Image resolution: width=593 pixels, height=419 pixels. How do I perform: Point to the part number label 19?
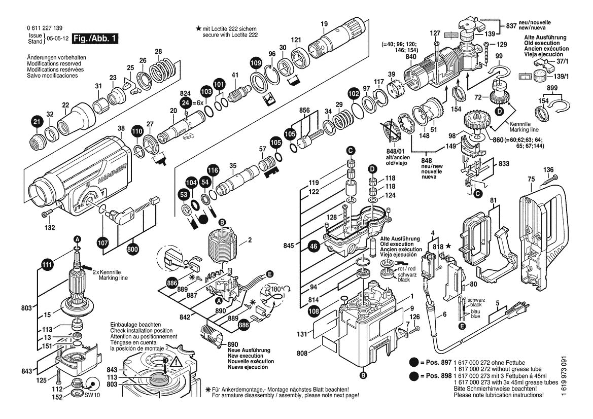[x=324, y=23]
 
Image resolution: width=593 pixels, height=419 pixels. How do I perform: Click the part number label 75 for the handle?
[x=531, y=179]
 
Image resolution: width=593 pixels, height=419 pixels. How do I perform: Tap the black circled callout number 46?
[x=314, y=246]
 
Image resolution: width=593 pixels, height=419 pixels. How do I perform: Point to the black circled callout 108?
[x=314, y=311]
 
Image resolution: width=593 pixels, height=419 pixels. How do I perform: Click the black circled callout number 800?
[x=133, y=249]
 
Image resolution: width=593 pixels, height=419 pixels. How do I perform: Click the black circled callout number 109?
[x=256, y=63]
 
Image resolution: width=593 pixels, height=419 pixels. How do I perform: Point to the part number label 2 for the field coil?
[x=249, y=240]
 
